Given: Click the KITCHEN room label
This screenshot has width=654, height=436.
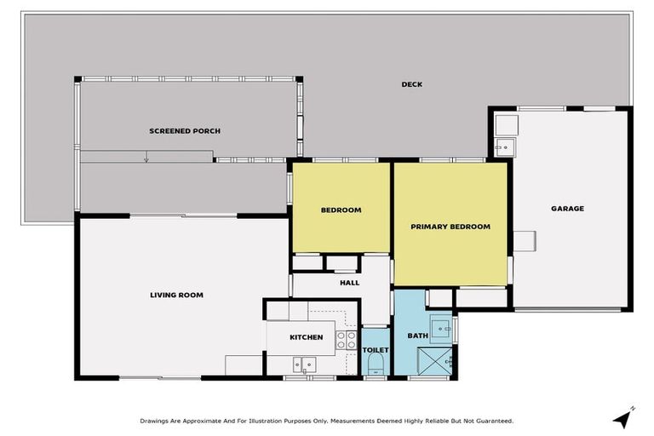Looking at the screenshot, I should click(x=306, y=337).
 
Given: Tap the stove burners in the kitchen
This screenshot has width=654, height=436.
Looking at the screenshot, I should click(x=346, y=341).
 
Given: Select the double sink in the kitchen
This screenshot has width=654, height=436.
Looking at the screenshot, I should click(x=303, y=364).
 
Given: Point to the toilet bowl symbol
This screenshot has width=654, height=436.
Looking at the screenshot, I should click(x=376, y=366).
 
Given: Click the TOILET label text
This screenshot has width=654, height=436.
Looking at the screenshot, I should click(x=376, y=349).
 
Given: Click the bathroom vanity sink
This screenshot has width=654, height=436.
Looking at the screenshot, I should click(x=440, y=326).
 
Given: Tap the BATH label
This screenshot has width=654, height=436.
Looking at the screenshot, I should click(x=417, y=336).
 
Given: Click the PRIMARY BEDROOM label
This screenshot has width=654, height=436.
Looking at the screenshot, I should click(x=450, y=227).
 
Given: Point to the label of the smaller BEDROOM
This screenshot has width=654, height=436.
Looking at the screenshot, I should click(x=341, y=209).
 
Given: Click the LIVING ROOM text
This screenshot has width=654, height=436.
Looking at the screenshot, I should click(x=176, y=295).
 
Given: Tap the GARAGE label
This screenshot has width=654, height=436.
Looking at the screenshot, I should click(x=567, y=208).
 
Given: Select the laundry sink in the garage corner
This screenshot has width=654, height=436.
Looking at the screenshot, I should click(x=503, y=147).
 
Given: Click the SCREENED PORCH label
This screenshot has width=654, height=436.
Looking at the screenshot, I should click(x=185, y=130).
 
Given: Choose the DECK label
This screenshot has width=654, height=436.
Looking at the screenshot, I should click(x=412, y=84).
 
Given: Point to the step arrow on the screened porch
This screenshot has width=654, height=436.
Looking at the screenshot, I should click(x=146, y=158).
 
